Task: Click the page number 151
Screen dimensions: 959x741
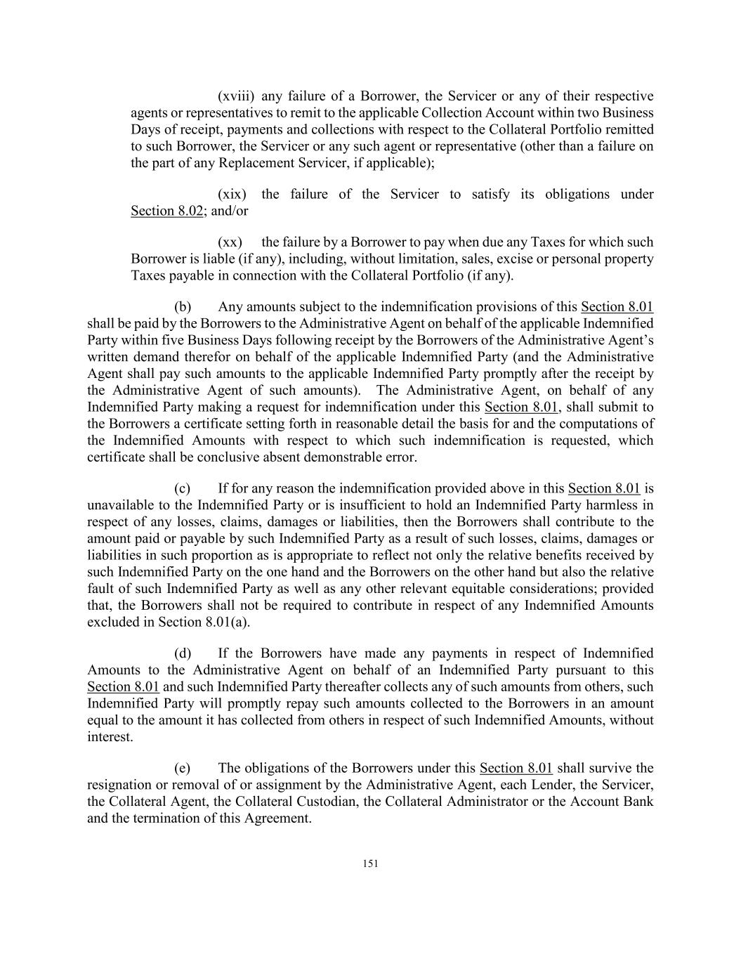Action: pos(370,864)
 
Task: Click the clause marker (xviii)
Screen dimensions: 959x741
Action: pos(235,96)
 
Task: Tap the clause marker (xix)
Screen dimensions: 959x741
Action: pos(232,195)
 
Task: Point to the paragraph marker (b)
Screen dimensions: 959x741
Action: pos(183,307)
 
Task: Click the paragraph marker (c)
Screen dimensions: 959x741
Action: pos(183,488)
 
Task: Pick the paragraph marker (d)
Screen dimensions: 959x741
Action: pos(183,653)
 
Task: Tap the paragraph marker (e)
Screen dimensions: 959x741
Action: pos(183,768)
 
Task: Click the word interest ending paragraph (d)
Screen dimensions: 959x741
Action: pos(109,738)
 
